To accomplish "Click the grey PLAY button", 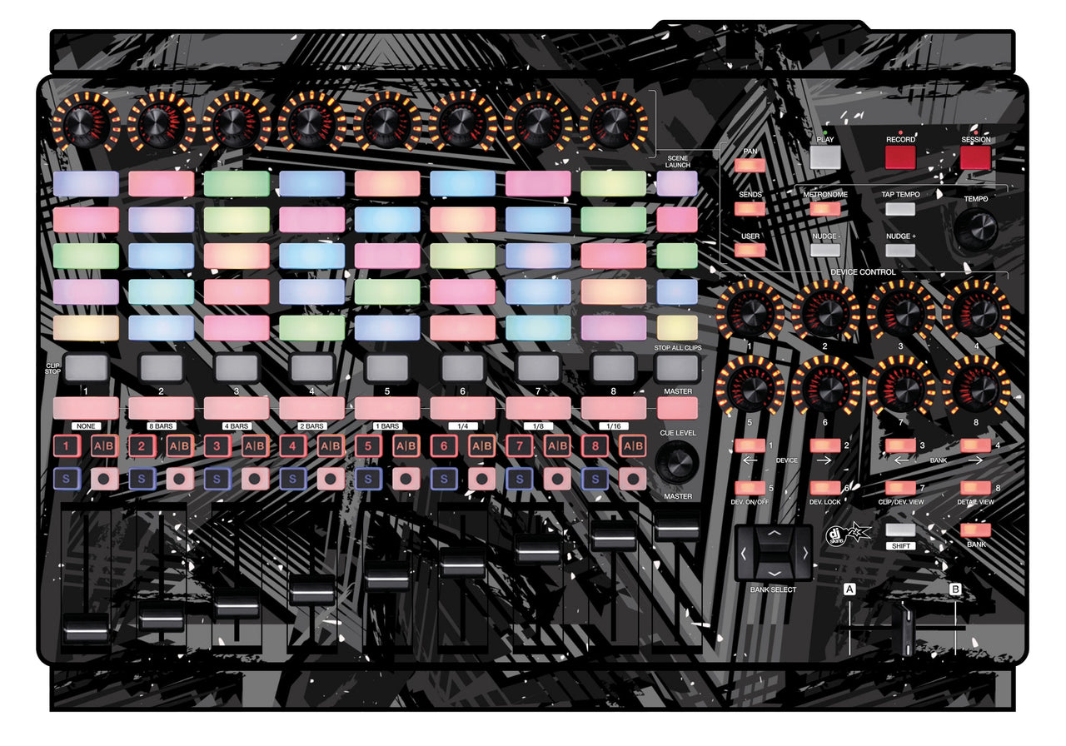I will point(824,157).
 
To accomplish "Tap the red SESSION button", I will point(975,157).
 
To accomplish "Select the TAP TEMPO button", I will point(900,209).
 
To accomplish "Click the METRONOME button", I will point(824,209).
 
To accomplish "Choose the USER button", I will point(750,250).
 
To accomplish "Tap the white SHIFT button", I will point(900,530).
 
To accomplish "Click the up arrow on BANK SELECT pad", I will point(774,532).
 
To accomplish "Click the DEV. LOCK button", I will point(824,488).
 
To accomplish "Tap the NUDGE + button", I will point(900,250).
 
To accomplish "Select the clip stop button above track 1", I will point(86,367).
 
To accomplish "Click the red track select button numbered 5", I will point(367,446).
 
